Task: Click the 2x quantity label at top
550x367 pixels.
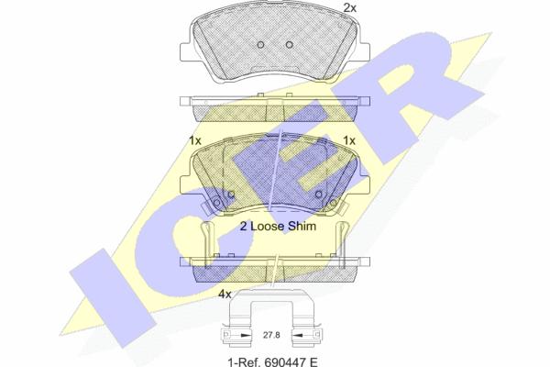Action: pyautogui.click(x=349, y=7)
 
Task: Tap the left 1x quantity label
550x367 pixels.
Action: pyautogui.click(x=195, y=140)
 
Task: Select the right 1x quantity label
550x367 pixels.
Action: pyautogui.click(x=349, y=140)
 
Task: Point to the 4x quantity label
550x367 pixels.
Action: pyautogui.click(x=225, y=295)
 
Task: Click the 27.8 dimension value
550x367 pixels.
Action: pyautogui.click(x=271, y=335)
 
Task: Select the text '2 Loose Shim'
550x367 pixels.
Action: pyautogui.click(x=278, y=227)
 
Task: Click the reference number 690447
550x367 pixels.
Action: pyautogui.click(x=284, y=361)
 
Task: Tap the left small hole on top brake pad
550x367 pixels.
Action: pyautogui.click(x=260, y=45)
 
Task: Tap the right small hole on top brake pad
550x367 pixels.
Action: pyautogui.click(x=289, y=45)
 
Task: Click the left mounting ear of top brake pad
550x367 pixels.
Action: pyautogui.click(x=185, y=52)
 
